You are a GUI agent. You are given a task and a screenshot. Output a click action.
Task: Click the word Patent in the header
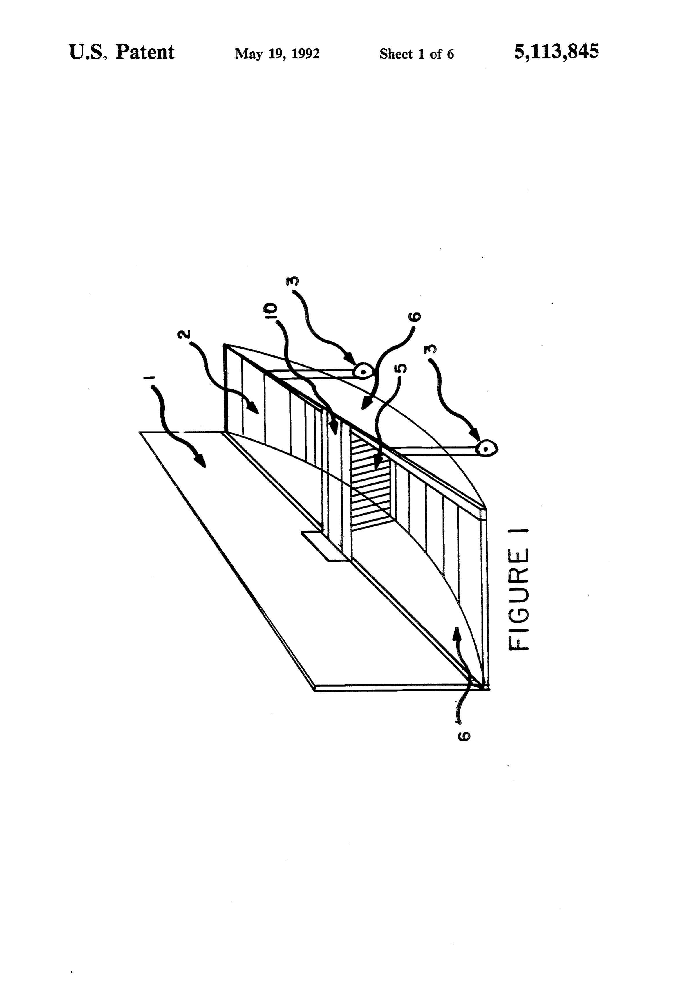click(145, 53)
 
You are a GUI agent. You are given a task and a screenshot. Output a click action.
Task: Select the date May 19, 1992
click(277, 54)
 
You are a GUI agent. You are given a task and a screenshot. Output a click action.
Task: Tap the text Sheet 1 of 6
click(417, 54)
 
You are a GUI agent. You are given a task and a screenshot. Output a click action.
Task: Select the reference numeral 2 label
click(184, 335)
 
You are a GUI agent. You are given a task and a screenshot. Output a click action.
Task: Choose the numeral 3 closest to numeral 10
click(293, 281)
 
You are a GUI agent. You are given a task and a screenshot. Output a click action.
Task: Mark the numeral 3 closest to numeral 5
click(430, 350)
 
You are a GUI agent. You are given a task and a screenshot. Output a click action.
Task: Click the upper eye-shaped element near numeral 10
click(364, 371)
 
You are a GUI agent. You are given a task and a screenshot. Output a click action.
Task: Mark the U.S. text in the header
click(88, 53)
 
